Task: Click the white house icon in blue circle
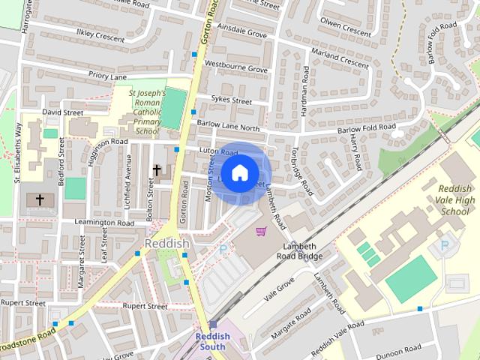[x=239, y=172]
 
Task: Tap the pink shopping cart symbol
[x=261, y=231]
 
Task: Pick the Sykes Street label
[x=230, y=100]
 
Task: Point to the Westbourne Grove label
[x=236, y=69]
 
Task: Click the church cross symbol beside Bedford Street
[x=40, y=199]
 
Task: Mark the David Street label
[x=62, y=112]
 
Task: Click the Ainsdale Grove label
[x=241, y=33]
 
